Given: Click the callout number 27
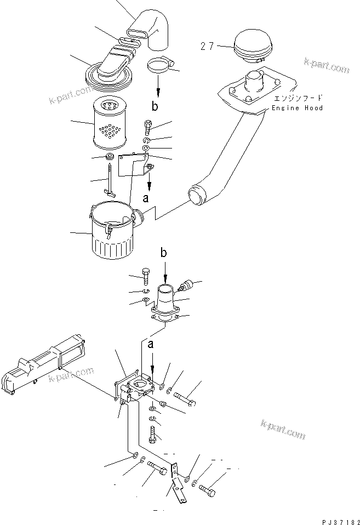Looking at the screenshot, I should pyautogui.click(x=207, y=47).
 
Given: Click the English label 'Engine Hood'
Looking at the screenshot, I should pyautogui.click(x=298, y=109).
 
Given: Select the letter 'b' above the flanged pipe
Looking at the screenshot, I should pyautogui.click(x=163, y=253).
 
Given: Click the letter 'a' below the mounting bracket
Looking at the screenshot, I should pyautogui.click(x=146, y=199).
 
